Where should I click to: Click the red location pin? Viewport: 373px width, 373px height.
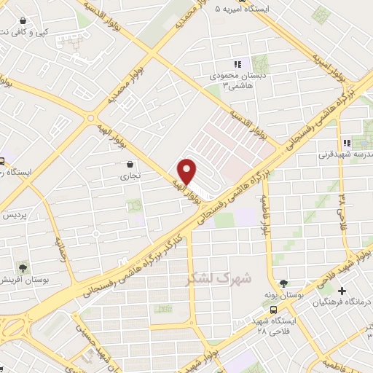click(187, 170)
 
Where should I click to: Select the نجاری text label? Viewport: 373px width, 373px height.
click(131, 176)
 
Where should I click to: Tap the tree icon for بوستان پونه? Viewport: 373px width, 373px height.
click(283, 283)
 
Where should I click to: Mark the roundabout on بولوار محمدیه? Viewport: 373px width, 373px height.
click(90, 118)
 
